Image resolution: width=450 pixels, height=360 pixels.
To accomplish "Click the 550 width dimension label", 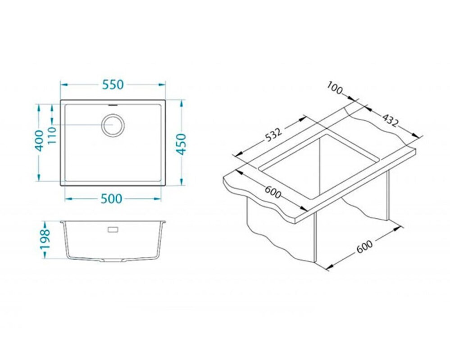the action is coord(113,85).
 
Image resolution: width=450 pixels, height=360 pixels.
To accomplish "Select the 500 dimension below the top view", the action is coord(112,198).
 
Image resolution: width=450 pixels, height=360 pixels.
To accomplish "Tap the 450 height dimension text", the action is coord(181,144).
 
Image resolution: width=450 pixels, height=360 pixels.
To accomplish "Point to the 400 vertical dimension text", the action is coord(39,140).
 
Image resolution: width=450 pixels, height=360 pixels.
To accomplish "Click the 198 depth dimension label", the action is coord(45,239).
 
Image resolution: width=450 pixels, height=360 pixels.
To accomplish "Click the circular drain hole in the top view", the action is coord(113,125).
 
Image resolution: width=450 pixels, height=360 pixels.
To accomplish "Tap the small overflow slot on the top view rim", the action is coord(113,105).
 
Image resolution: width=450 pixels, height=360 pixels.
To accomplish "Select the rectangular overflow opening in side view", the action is coord(113,230).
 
